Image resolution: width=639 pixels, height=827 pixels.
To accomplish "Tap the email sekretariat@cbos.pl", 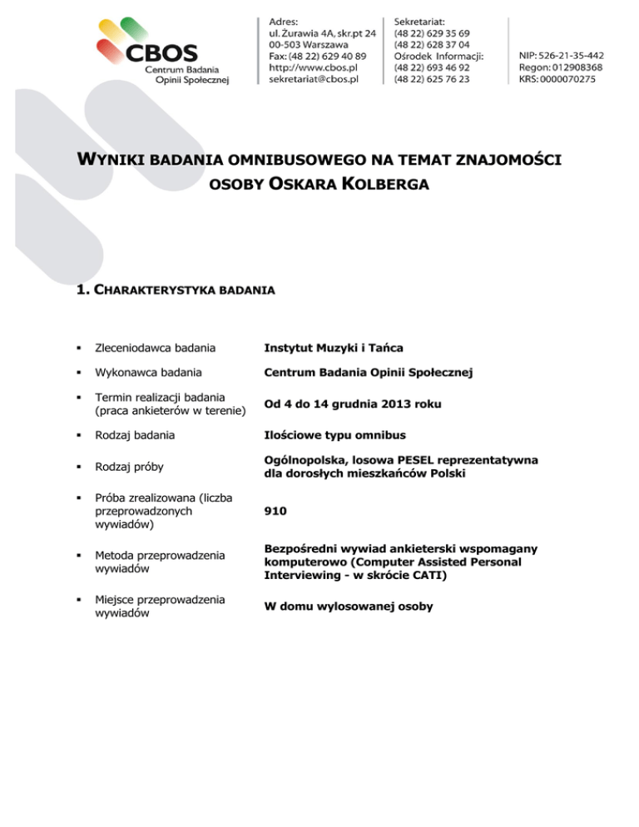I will [319, 79].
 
